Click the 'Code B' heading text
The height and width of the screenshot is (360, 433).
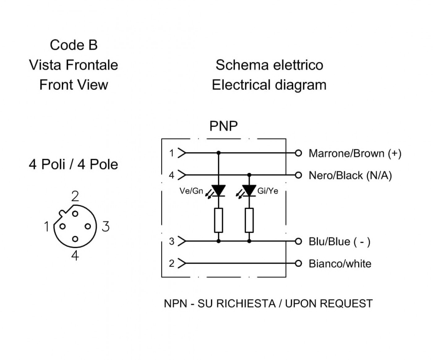coord(74,45)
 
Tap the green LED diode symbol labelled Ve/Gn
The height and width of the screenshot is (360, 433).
coord(218,191)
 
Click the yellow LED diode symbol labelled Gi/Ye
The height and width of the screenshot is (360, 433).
coord(249,191)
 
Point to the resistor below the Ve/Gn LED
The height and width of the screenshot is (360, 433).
coord(218,220)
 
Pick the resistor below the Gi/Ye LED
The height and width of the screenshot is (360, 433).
coord(249,220)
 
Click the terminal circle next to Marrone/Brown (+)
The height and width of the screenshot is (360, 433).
coord(298,153)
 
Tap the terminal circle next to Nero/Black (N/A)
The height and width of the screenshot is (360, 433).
coord(298,175)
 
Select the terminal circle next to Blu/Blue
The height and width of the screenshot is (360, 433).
coord(298,241)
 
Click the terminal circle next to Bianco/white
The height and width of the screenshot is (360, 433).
coord(298,264)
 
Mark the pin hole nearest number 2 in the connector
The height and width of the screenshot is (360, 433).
coord(75,214)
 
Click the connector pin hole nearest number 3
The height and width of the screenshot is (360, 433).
coord(88,226)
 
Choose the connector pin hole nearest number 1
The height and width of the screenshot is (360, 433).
coord(62,226)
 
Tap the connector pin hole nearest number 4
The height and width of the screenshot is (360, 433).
coord(75,239)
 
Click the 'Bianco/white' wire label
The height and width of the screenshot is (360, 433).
coord(340,264)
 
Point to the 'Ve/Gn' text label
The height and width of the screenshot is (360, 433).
coord(191,191)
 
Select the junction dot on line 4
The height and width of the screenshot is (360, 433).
coord(249,175)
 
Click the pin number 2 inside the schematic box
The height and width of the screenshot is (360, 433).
coord(172,264)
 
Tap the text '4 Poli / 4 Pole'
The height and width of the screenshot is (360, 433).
coord(73,164)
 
